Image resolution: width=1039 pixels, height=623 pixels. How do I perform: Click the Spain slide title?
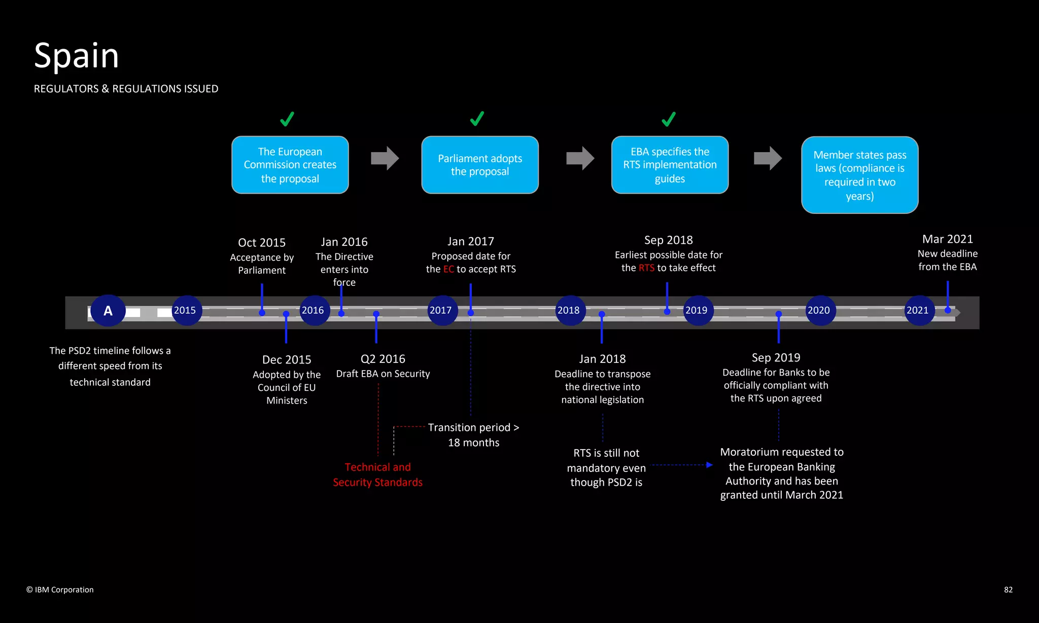pyautogui.click(x=76, y=56)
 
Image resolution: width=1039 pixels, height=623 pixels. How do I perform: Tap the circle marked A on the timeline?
pyautogui.click(x=108, y=310)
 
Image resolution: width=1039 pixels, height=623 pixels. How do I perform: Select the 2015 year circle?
pyautogui.click(x=185, y=310)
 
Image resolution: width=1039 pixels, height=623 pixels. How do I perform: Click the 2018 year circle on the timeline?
pyautogui.click(x=569, y=310)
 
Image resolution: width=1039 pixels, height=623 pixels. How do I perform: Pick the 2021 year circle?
pyautogui.click(x=918, y=310)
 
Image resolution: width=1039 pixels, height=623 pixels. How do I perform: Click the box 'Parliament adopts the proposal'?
pyautogui.click(x=480, y=165)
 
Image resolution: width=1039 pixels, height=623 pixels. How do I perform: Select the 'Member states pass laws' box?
pyautogui.click(x=859, y=175)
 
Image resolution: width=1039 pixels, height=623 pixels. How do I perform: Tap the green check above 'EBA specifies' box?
pyautogui.click(x=669, y=119)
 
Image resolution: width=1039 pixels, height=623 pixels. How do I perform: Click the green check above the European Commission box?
pyautogui.click(x=287, y=119)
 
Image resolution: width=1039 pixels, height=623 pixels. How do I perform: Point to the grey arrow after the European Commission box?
pyautogui.click(x=385, y=158)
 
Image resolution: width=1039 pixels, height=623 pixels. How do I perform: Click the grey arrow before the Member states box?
pyautogui.click(x=768, y=158)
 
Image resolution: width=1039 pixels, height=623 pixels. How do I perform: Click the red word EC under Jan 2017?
pyautogui.click(x=448, y=269)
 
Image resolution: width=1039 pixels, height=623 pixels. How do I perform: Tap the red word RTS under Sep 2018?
pyautogui.click(x=646, y=268)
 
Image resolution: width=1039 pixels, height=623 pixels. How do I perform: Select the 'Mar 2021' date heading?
pyautogui.click(x=947, y=239)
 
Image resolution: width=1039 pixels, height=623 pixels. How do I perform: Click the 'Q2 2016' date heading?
pyautogui.click(x=383, y=359)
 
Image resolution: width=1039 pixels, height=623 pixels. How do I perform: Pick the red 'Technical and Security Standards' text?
pyautogui.click(x=377, y=474)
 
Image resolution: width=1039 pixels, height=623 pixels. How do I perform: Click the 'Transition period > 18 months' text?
pyautogui.click(x=473, y=435)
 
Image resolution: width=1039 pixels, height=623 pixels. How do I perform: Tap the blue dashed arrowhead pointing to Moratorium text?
pyautogui.click(x=709, y=465)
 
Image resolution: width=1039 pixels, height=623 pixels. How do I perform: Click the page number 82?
pyautogui.click(x=1008, y=590)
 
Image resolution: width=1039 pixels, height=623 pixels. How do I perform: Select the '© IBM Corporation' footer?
pyautogui.click(x=60, y=590)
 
